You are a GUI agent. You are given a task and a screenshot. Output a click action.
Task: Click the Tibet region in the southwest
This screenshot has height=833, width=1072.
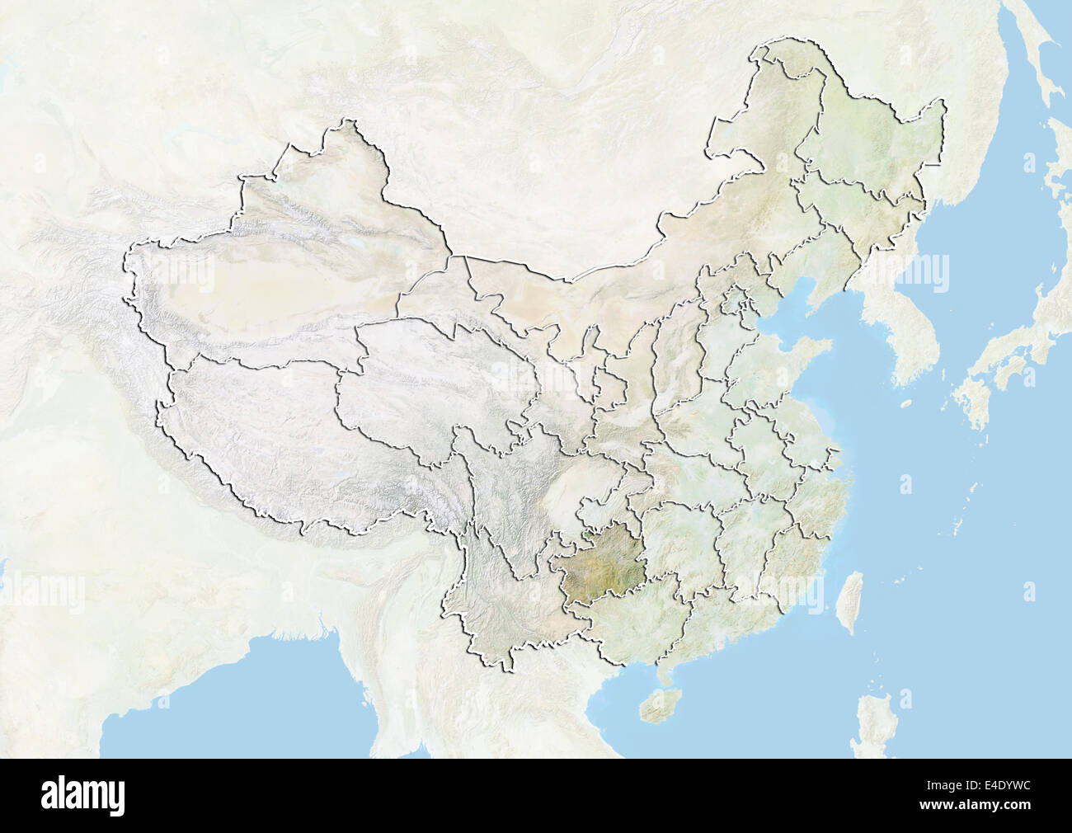(272, 437)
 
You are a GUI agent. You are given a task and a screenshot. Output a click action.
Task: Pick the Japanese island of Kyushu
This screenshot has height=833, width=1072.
(973, 408)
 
